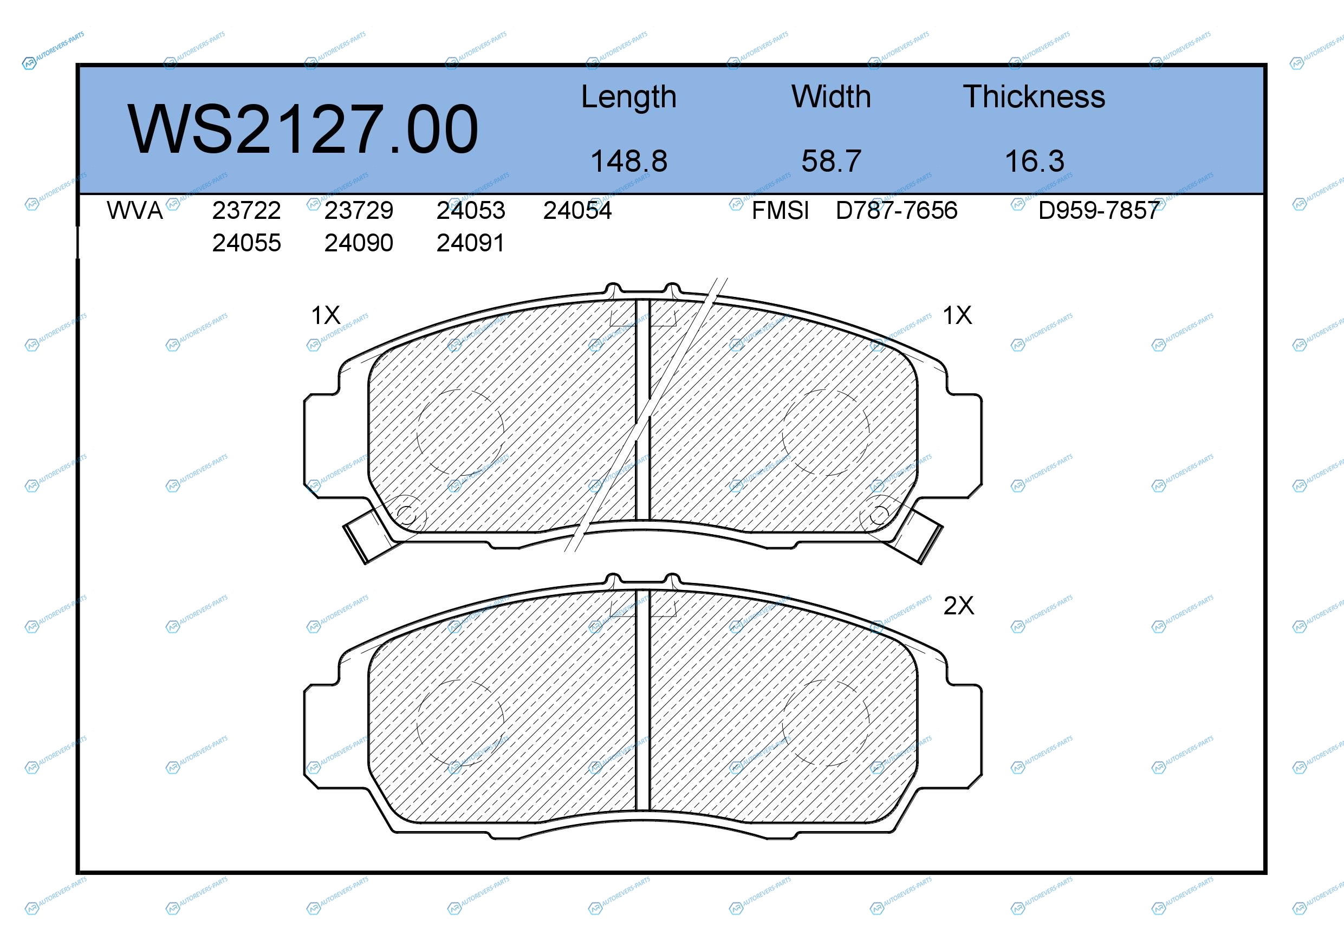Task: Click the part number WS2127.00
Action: pos(303,129)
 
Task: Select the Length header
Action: pos(629,98)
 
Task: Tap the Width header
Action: pos(831,96)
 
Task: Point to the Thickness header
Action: pos(1034,96)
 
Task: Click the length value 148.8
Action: pos(629,161)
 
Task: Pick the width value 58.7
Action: pos(831,161)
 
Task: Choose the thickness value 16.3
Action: pos(1034,161)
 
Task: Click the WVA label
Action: pos(135,211)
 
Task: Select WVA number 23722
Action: pos(246,211)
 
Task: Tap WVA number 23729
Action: pos(359,211)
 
